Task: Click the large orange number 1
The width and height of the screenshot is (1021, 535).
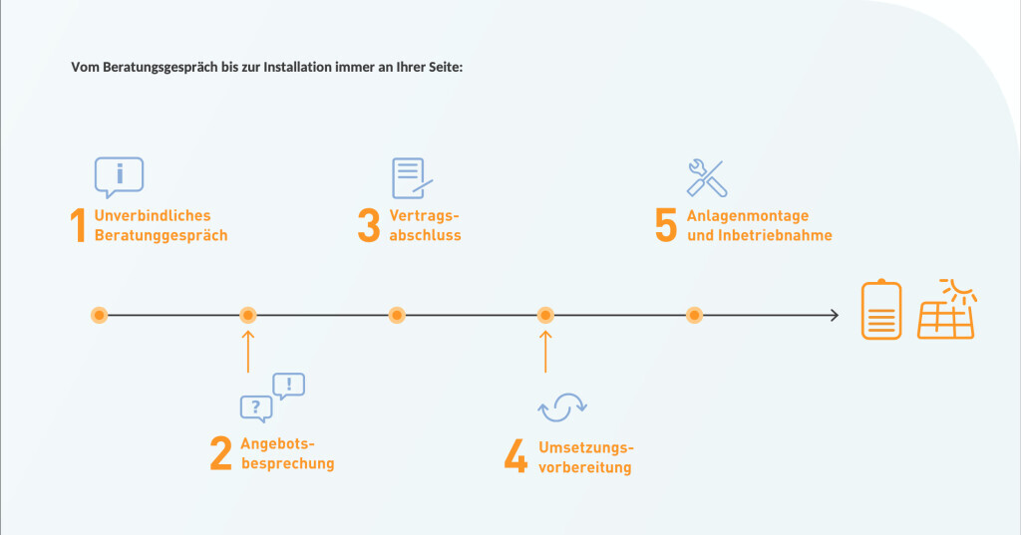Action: tap(79, 226)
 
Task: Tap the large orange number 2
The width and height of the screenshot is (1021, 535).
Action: tap(220, 453)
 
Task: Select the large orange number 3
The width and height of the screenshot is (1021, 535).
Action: tap(369, 226)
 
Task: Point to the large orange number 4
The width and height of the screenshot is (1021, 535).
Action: tap(514, 455)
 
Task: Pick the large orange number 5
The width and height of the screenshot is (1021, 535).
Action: tap(666, 226)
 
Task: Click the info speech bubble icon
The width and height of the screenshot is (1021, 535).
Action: tap(119, 176)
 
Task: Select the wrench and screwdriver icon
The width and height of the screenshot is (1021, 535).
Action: tap(707, 177)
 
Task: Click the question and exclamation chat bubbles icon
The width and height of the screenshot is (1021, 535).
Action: tap(272, 398)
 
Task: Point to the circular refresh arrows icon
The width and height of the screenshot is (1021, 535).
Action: tap(562, 405)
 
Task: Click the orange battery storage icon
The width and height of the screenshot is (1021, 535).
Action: tap(881, 311)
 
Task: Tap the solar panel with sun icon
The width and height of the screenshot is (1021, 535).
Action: tap(946, 310)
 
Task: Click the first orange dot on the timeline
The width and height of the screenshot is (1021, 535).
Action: tap(99, 316)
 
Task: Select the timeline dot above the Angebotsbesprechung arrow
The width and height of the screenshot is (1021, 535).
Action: tap(248, 316)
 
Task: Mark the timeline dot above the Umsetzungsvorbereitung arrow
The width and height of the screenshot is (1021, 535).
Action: tap(545, 316)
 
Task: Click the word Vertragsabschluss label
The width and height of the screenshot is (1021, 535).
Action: tap(425, 226)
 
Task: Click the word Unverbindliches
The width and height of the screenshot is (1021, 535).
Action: tap(153, 215)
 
